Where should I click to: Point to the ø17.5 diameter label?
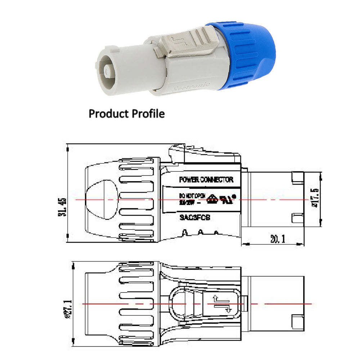tap(316, 199)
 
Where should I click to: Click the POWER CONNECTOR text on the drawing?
tap(206, 180)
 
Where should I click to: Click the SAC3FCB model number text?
tap(195, 217)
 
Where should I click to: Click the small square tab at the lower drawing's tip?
tap(297, 320)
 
